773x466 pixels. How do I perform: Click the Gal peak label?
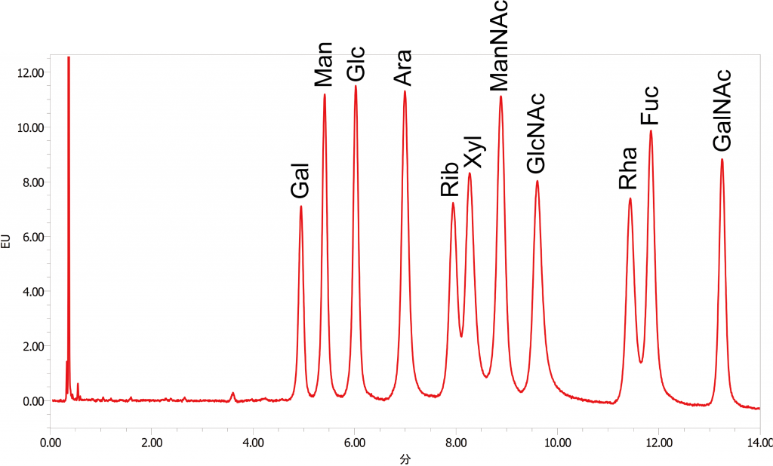coord(300,180)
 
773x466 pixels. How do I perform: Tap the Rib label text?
coord(450,179)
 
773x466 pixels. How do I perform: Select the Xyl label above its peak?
coord(473,153)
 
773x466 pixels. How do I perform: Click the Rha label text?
coord(628,168)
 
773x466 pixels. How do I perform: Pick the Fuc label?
coord(649,106)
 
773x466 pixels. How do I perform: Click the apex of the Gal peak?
coord(300,206)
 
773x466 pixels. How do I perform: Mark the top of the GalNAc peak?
coord(722,159)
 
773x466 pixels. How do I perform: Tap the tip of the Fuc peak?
coord(651,131)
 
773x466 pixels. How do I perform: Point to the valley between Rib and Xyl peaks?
coord(461,336)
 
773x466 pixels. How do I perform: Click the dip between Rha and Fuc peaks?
coord(641,363)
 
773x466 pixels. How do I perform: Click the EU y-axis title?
coord(6,242)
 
